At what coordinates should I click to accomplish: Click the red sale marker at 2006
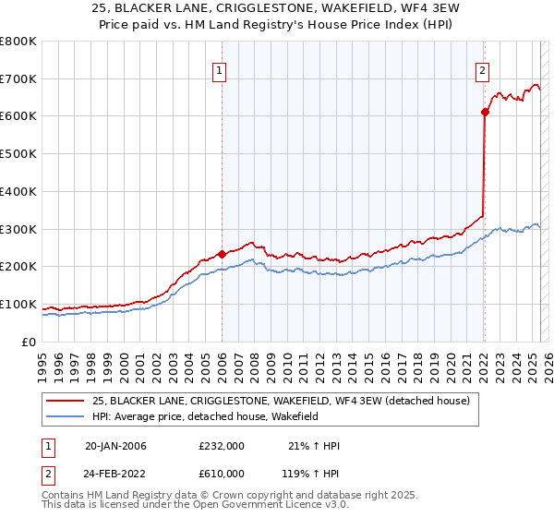tap(222, 254)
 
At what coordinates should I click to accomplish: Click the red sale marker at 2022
tap(484, 112)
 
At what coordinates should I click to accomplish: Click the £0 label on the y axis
tap(29, 342)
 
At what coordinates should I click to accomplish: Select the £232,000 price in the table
tap(221, 446)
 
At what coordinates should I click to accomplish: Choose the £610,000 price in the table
tap(221, 473)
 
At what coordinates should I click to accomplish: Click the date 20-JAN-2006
tap(115, 446)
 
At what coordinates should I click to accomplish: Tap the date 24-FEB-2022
tap(115, 473)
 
